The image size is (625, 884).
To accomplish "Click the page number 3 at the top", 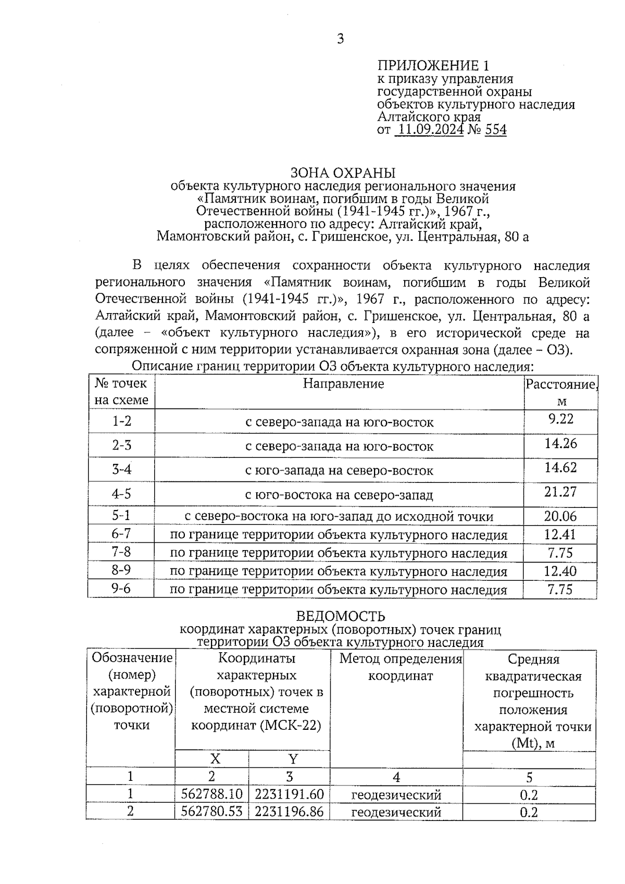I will click(340, 39).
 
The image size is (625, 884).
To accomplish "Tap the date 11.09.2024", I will click(429, 129).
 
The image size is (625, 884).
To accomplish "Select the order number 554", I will click(495, 129).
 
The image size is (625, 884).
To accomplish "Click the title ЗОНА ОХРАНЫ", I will click(342, 173).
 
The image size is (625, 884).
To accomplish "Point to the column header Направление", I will click(343, 384).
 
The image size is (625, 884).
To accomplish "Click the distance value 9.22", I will click(560, 419).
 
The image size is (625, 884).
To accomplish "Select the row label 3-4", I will click(121, 469).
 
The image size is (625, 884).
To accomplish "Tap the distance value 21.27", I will click(560, 491).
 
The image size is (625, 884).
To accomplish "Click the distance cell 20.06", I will click(560, 516).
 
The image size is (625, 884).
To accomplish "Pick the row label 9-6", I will click(121, 589).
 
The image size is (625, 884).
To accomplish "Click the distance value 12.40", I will click(560, 571).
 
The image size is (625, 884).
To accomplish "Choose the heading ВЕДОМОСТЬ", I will click(341, 616).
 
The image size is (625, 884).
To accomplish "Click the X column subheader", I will click(215, 758).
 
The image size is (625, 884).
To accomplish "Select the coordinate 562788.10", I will click(211, 794).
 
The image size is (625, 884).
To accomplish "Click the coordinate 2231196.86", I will click(290, 812).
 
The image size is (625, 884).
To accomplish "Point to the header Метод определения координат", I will click(401, 667).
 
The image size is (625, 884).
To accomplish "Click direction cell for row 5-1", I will click(339, 517).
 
